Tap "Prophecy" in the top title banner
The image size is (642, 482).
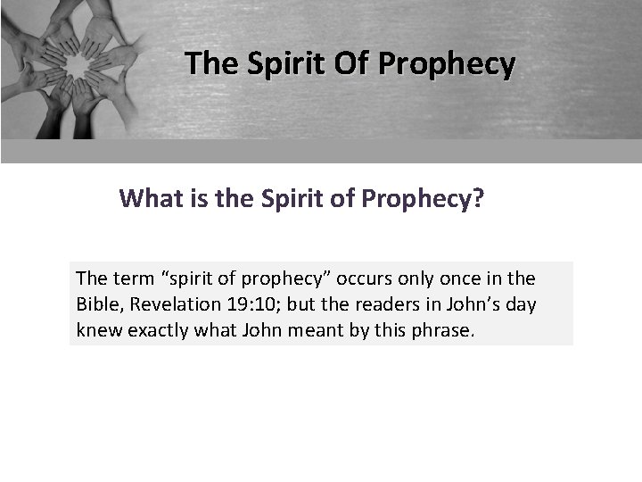click(447, 64)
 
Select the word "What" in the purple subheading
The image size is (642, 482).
click(149, 197)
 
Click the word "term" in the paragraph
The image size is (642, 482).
click(132, 278)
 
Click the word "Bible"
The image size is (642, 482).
click(99, 304)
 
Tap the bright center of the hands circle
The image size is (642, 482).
click(78, 63)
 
